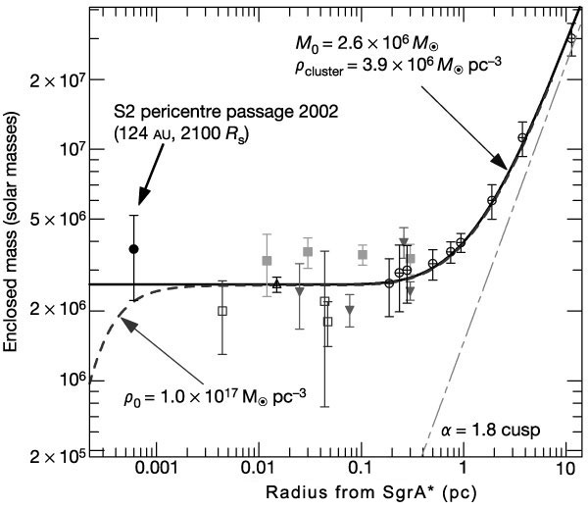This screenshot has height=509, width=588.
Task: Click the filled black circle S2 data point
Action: coord(134,249)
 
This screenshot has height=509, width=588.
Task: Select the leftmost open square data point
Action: coord(222,311)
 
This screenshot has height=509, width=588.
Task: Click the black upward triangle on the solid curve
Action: coord(277,283)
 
